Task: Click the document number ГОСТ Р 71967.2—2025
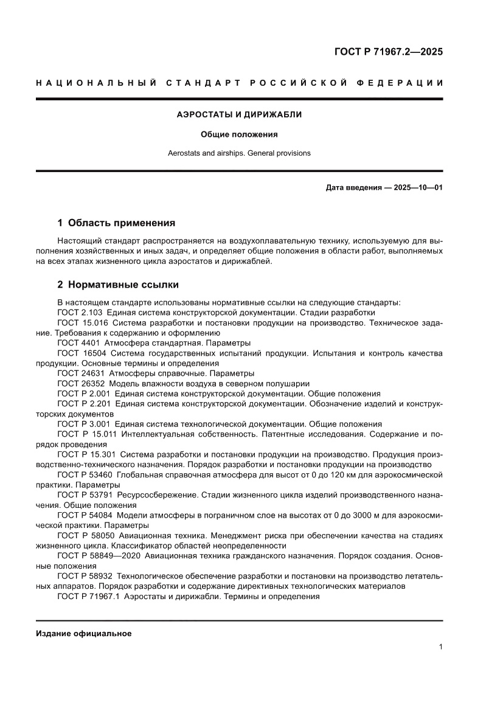(388, 52)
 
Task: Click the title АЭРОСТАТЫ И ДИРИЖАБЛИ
(239, 114)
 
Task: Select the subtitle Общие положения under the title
(239, 134)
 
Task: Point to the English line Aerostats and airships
(239, 153)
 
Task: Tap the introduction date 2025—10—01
(418, 187)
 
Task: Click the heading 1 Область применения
(116, 223)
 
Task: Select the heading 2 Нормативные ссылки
(118, 285)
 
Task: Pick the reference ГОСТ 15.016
(83, 323)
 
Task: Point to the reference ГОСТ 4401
(79, 343)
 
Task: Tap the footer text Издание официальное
(84, 634)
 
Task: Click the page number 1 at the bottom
(440, 647)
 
